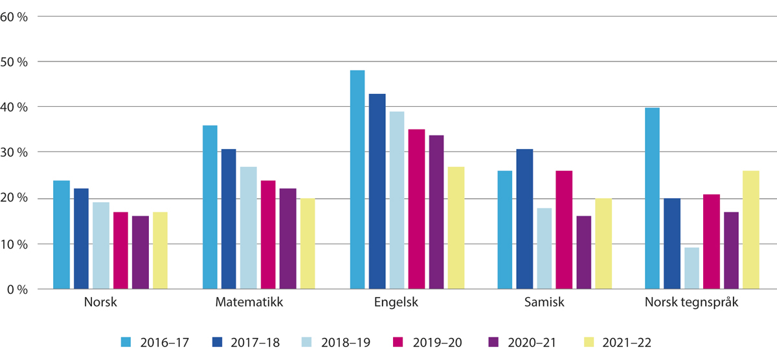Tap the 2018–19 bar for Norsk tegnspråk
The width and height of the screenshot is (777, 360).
pyautogui.click(x=692, y=268)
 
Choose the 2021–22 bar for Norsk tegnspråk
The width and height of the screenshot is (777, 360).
pyautogui.click(x=751, y=230)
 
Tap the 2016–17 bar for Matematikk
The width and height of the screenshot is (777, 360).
pyautogui.click(x=210, y=207)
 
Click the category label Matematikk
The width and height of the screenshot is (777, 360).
pyautogui.click(x=249, y=302)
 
